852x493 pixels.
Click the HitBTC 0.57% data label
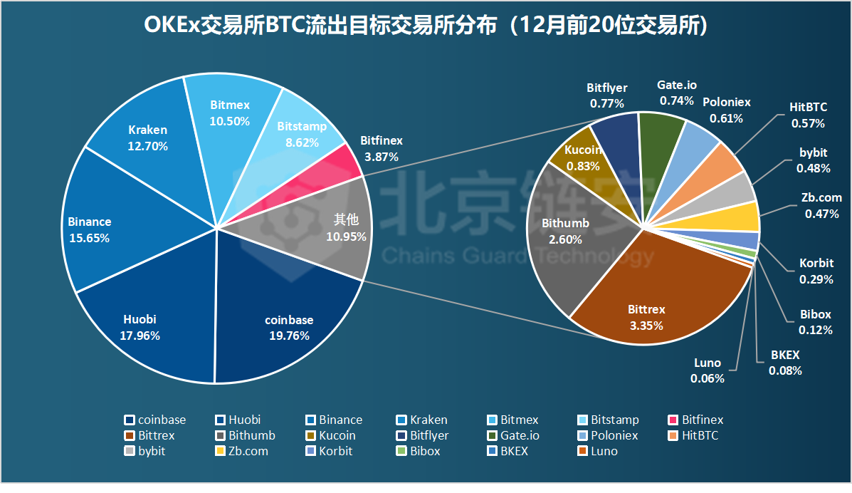(808, 115)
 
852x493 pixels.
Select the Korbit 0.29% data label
(816, 271)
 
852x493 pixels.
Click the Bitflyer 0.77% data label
(606, 95)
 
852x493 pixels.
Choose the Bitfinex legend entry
(701, 420)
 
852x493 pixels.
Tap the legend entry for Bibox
(424, 451)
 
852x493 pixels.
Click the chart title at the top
(426, 26)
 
